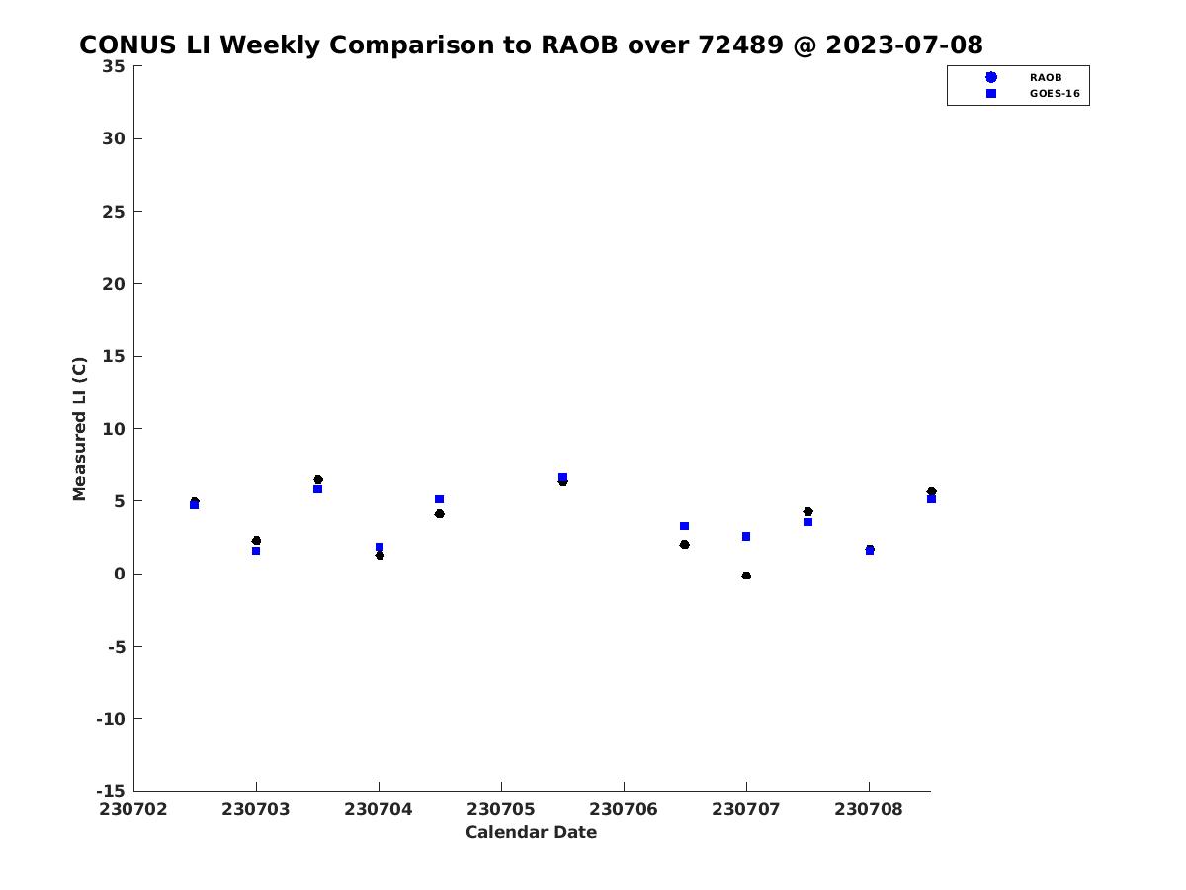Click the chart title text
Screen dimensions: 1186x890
(x=531, y=44)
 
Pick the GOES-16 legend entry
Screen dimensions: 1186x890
(x=1033, y=94)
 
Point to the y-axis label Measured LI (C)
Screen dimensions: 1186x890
(x=79, y=428)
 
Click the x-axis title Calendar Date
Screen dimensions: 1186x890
(x=531, y=832)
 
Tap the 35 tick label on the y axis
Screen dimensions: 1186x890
(x=114, y=66)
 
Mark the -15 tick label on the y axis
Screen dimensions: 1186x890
(x=111, y=791)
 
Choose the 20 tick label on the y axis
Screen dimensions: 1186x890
(x=114, y=284)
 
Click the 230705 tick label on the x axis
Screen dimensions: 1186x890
(x=501, y=809)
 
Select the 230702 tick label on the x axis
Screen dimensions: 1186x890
(x=133, y=809)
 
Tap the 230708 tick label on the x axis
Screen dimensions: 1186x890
(x=869, y=809)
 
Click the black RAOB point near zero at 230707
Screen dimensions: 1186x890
(x=746, y=576)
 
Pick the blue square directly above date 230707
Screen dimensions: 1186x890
(x=746, y=537)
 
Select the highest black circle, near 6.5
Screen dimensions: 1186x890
(x=318, y=479)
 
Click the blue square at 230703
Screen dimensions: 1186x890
(x=256, y=551)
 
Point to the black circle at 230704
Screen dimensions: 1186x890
(x=380, y=555)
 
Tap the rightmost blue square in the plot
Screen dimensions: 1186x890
(x=932, y=499)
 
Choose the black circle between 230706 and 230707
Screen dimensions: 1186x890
(x=685, y=544)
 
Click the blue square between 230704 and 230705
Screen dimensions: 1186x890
(x=439, y=499)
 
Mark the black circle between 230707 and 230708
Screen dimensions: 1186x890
(x=807, y=511)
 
